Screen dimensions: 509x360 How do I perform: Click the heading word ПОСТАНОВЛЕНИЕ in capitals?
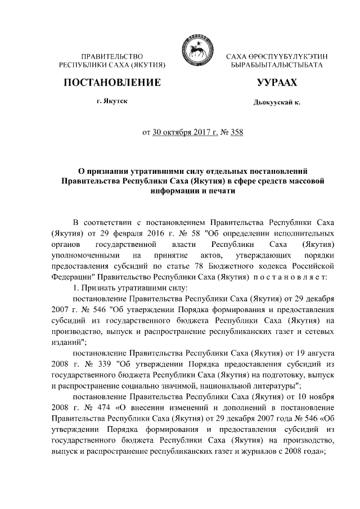point(112,83)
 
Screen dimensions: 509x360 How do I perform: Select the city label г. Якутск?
point(111,101)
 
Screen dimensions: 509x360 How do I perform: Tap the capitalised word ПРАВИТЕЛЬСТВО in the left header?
point(112,57)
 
